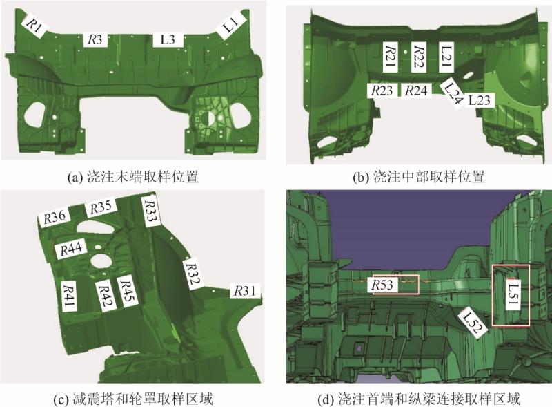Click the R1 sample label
(34, 26)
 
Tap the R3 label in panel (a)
(95, 39)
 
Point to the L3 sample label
(168, 39)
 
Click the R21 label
(391, 57)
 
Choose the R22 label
(419, 57)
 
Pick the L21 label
(446, 57)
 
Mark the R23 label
(382, 91)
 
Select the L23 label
(480, 100)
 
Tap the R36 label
(55, 218)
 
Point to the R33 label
(150, 211)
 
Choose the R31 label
(245, 291)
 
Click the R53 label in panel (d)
(383, 285)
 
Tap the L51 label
(513, 294)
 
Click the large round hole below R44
(102, 260)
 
